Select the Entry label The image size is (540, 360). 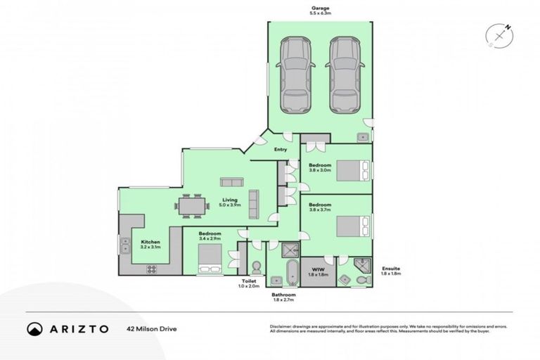tap(281, 150)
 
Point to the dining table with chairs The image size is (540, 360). tap(193, 205)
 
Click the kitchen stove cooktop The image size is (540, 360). tap(152, 269)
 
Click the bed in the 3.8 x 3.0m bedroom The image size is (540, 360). tap(352, 171)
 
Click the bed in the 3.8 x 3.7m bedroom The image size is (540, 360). tap(352, 226)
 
